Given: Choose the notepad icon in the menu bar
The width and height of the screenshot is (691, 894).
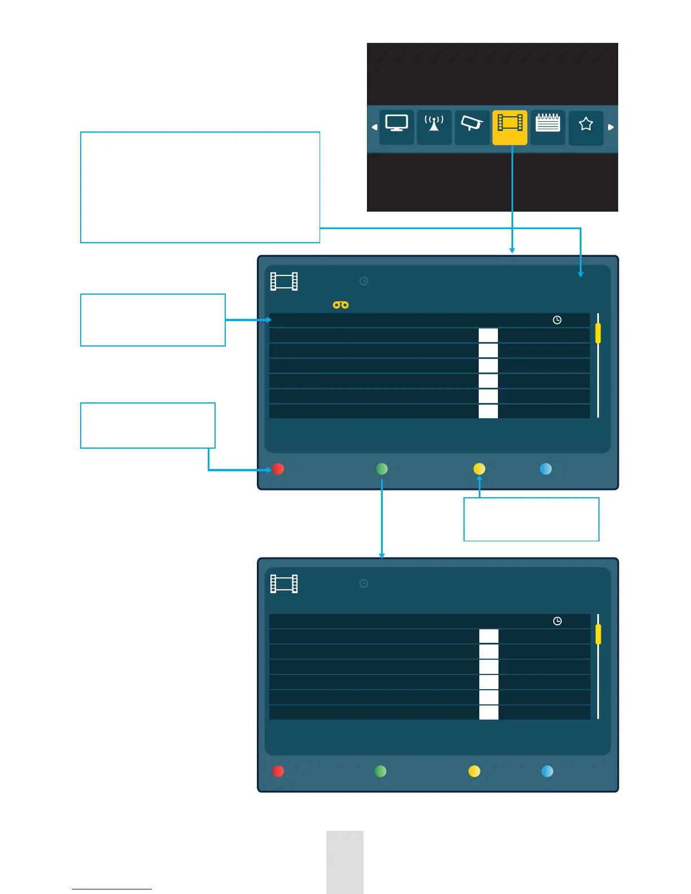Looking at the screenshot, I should tap(548, 122).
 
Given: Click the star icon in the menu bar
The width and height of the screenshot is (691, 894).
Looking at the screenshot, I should tap(586, 124).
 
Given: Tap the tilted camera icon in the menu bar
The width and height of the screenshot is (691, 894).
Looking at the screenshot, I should tap(471, 123).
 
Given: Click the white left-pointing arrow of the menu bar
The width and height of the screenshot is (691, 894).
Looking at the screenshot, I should tap(374, 127).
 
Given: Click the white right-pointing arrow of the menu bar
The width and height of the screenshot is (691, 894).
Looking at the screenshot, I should tap(610, 127).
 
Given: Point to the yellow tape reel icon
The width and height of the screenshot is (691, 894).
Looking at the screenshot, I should tap(340, 305).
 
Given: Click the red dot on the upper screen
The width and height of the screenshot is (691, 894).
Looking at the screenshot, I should tap(278, 469).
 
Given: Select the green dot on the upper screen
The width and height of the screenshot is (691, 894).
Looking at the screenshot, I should tap(382, 469).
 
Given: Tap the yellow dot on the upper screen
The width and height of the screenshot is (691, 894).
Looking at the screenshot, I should tap(479, 469).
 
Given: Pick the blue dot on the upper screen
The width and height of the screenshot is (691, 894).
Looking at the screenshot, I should tap(545, 469).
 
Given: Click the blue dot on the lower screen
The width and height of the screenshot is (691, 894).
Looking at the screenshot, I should tap(547, 772).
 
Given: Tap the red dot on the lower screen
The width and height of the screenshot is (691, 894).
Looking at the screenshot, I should tap(278, 772).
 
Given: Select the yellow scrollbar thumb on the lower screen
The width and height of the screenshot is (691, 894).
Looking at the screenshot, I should tap(598, 634).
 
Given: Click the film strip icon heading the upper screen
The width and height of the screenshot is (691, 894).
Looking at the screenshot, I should tap(284, 281).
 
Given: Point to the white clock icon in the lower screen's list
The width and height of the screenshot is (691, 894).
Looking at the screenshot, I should tap(557, 621).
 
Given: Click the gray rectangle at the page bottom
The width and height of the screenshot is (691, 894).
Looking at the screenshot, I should tap(344, 862).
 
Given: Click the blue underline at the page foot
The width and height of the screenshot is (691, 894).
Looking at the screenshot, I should tap(112, 889).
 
